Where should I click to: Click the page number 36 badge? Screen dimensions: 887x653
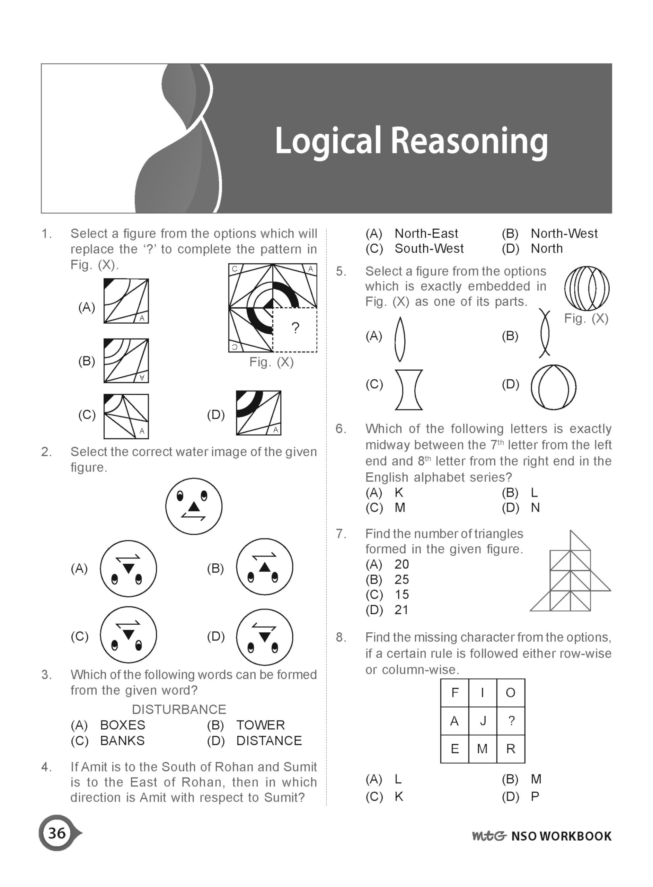click(x=57, y=833)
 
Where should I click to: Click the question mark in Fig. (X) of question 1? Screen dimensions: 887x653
click(x=295, y=328)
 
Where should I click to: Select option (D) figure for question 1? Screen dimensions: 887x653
click(x=258, y=413)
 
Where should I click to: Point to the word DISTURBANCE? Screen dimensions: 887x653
click(x=179, y=709)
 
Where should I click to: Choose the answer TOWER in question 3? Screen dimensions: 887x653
click(x=261, y=725)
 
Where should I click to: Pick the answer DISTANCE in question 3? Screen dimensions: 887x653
click(x=269, y=740)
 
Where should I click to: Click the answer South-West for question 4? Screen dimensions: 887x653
click(x=429, y=249)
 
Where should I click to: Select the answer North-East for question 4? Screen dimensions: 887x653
click(x=426, y=234)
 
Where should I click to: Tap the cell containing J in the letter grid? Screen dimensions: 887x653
click(x=483, y=721)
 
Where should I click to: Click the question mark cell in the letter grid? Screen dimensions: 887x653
click(x=511, y=721)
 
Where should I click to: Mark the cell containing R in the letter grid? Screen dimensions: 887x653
click(x=511, y=749)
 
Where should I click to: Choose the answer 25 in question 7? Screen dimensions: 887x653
click(x=401, y=579)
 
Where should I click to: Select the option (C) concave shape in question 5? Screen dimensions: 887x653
click(x=409, y=389)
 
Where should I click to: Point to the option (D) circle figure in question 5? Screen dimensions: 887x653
click(x=553, y=387)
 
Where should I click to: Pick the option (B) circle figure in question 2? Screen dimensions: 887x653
click(x=264, y=567)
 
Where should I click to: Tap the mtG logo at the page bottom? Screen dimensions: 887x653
click(x=489, y=836)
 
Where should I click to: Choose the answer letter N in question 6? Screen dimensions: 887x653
click(x=535, y=508)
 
